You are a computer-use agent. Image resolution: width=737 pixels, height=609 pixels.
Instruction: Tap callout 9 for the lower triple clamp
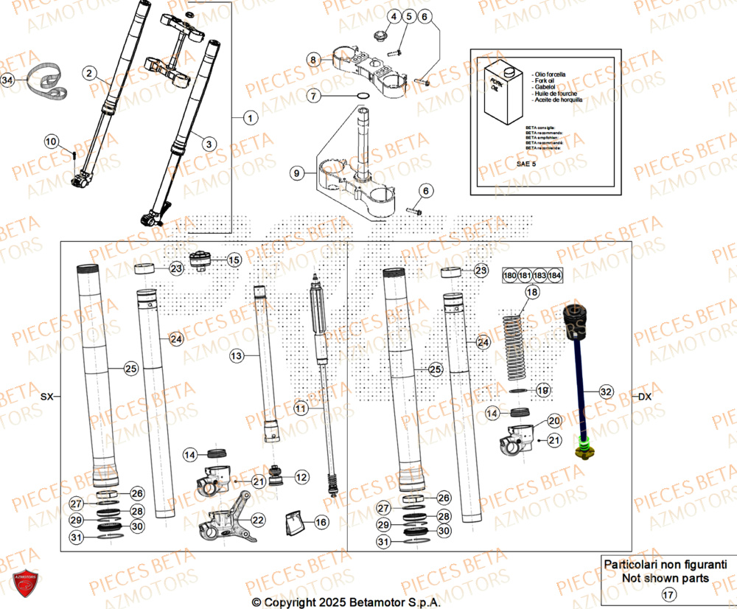(296, 174)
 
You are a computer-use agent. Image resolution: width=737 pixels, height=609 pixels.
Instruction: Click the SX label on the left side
(47, 397)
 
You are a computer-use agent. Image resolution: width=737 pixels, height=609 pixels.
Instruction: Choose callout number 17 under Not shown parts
(668, 594)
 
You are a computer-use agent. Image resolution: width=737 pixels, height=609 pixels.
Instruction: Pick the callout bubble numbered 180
(509, 276)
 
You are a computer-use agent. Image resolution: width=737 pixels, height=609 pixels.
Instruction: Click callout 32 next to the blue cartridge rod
(605, 391)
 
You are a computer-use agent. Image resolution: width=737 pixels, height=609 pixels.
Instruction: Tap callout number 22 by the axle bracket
(256, 520)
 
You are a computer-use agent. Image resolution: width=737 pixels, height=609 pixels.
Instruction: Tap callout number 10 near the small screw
(50, 141)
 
